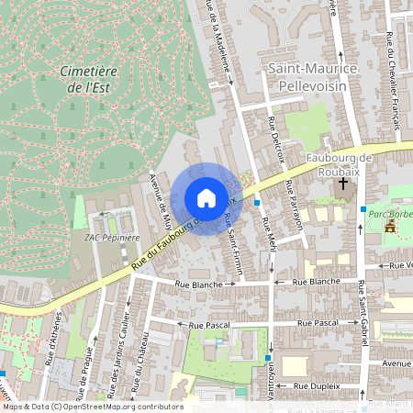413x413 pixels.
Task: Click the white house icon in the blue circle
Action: point(206,198)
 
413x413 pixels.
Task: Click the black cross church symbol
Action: point(343,184)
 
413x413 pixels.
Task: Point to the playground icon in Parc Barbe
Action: point(391,225)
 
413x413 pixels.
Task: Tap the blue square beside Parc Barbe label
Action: point(363,210)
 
